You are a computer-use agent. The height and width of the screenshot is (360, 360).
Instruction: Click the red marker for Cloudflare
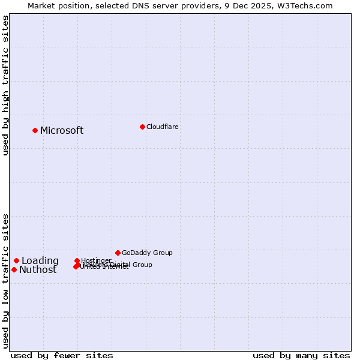pos(142,127)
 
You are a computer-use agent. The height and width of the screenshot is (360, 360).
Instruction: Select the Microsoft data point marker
pos(35,130)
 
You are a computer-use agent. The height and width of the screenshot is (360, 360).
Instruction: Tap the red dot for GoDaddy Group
pos(118,253)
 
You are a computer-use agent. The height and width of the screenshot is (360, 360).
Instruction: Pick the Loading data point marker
pos(17,260)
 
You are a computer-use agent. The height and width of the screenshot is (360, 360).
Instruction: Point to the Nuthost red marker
pos(14,269)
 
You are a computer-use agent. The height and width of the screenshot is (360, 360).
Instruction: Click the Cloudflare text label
pos(162,127)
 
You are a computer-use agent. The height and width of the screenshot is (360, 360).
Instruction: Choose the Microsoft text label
pos(62,131)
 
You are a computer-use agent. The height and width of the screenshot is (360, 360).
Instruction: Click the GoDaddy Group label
pos(147,253)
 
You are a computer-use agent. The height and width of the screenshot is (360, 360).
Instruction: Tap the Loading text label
pos(40,261)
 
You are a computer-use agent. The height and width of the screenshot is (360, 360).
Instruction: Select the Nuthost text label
pos(38,270)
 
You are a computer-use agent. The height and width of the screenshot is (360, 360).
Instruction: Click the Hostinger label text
pos(96,260)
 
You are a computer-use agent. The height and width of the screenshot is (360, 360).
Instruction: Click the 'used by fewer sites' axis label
pos(62,355)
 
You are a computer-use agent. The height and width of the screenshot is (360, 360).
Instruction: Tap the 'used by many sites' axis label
pos(301,355)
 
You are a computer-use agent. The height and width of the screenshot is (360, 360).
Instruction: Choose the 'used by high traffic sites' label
pos(5,85)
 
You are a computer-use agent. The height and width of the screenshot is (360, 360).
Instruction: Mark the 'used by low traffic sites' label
pos(5,281)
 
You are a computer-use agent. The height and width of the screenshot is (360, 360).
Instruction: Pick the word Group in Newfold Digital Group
pos(142,265)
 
